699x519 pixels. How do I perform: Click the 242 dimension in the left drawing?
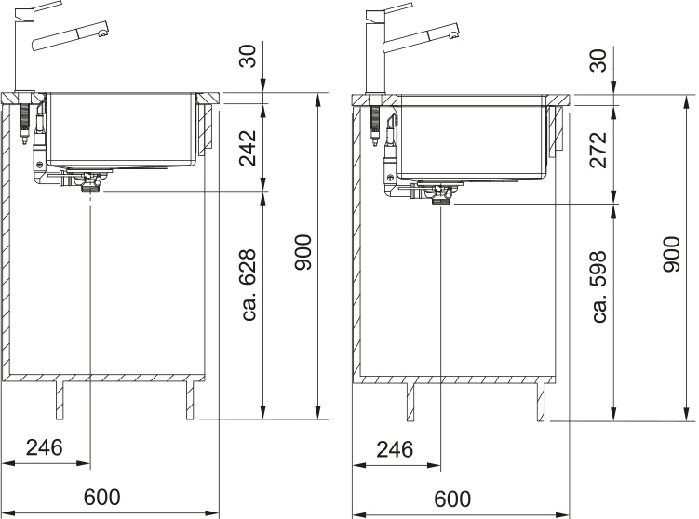248,148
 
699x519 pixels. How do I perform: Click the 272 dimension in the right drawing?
598,150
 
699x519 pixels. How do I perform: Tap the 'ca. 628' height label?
248,285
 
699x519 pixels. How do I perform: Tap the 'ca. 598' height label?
598,286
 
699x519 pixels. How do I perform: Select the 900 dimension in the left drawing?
302,253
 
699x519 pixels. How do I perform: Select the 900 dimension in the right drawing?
672,254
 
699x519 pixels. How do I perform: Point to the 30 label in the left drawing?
248,56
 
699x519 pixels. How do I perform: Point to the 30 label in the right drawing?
598,60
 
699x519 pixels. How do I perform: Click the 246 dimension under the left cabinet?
44,447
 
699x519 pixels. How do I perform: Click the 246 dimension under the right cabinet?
395,449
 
